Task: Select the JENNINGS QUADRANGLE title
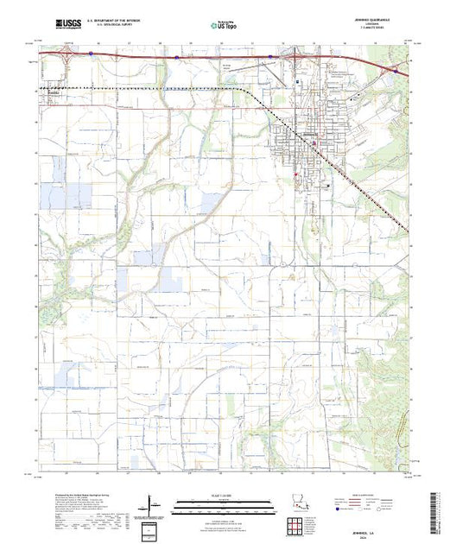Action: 356,20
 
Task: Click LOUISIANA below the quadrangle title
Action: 356,24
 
